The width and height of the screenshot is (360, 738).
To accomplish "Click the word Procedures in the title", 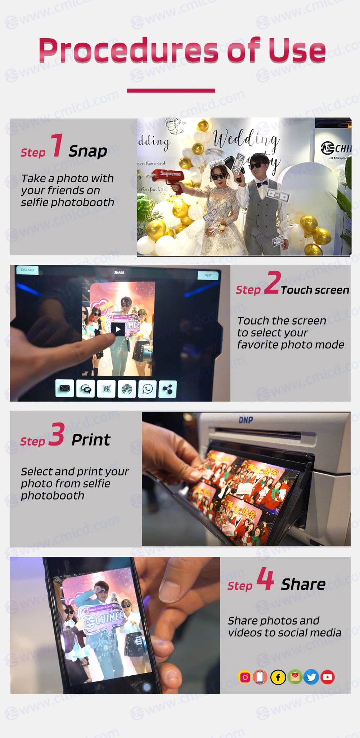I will click(128, 50).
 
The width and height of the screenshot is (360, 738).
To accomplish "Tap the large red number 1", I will click(57, 145).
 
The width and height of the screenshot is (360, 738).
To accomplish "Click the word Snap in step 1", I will click(88, 151).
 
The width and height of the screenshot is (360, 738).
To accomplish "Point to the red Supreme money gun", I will click(169, 176).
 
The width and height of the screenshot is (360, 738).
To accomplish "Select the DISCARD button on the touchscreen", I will click(27, 270).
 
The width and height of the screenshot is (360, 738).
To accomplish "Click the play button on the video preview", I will click(118, 329).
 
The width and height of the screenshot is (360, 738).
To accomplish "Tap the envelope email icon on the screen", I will click(65, 389).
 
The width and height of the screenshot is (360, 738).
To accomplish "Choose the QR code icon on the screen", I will click(106, 389).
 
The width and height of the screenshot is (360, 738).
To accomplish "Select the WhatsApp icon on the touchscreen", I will click(148, 389).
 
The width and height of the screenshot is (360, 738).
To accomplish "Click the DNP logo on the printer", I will click(246, 420).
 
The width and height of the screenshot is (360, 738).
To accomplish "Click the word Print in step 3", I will click(91, 440).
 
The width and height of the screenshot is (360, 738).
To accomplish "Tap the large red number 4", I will click(265, 578).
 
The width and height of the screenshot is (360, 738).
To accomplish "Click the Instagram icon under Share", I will click(245, 677).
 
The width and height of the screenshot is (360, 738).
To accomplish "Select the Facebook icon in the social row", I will click(278, 677).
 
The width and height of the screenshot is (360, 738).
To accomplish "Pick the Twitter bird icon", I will click(311, 677).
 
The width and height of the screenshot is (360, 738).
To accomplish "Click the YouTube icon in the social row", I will click(327, 677).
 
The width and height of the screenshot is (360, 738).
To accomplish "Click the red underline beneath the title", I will click(171, 91).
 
